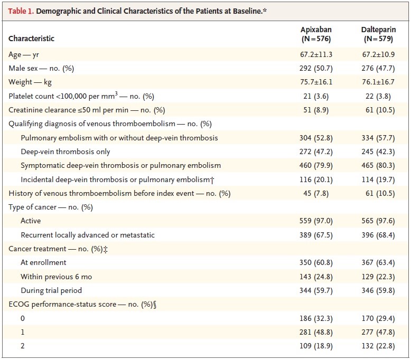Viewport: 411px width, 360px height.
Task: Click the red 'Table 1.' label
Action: (x=21, y=11)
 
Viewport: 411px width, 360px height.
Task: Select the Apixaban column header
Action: (x=316, y=34)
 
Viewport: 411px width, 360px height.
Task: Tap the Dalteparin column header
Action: (x=378, y=34)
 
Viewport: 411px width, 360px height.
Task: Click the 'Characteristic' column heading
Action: (x=31, y=39)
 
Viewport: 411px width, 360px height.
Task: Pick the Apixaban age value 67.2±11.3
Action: (x=316, y=54)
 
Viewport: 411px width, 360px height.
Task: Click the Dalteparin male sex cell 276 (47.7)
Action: (x=378, y=68)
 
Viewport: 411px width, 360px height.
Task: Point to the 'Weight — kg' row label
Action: (x=30, y=82)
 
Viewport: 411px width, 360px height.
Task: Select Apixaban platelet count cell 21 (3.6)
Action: (x=316, y=97)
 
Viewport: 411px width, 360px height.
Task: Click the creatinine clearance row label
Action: (x=87, y=110)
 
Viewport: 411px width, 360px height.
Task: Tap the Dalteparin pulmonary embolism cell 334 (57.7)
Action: (x=378, y=138)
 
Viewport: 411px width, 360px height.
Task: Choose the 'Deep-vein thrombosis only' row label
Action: (x=66, y=152)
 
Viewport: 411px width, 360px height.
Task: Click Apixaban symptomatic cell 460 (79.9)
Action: (x=316, y=165)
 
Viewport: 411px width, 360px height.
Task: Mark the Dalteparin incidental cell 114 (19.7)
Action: (x=378, y=179)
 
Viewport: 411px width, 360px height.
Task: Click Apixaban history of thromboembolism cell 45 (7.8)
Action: (x=316, y=194)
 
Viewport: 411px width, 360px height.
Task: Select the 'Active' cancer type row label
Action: (x=31, y=221)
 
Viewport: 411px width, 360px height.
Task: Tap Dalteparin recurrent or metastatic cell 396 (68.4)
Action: (x=378, y=235)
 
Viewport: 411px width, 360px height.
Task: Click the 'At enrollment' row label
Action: (x=43, y=262)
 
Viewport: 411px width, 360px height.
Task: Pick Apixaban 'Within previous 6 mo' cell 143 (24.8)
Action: (x=316, y=277)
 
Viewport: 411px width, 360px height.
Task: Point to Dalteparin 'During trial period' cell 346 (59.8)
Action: (x=378, y=291)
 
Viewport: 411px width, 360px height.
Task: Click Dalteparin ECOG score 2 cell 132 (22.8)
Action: (x=378, y=346)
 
